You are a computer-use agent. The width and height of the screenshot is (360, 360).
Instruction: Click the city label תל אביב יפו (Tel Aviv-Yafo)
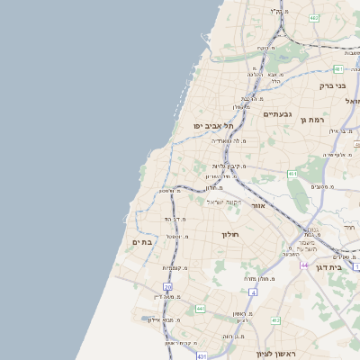(x=213, y=126)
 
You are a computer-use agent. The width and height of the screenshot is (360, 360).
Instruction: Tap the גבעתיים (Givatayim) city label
(x=279, y=114)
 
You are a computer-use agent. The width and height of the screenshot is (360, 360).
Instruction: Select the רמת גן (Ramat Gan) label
(x=310, y=119)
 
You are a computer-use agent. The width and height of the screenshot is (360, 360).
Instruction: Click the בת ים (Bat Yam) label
(x=142, y=241)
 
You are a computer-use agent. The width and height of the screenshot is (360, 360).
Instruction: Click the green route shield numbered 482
(x=313, y=18)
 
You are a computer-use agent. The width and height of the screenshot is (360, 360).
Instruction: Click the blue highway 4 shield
(x=254, y=292)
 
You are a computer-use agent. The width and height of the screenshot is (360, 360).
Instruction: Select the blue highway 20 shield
(x=168, y=286)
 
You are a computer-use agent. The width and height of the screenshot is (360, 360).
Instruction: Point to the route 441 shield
(x=200, y=309)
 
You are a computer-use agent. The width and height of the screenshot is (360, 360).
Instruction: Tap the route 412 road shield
(x=275, y=320)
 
